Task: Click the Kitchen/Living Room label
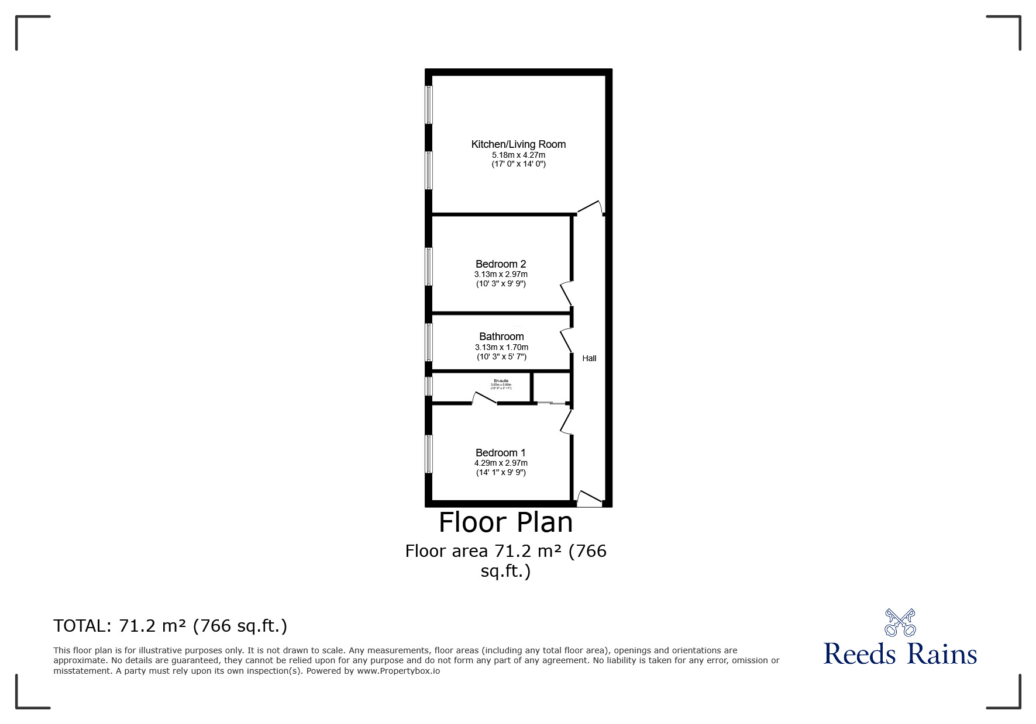pos(518,144)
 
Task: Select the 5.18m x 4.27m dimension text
pos(518,155)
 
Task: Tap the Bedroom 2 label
pos(501,264)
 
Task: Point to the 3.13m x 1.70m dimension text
pos(501,347)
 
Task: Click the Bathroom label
pos(501,337)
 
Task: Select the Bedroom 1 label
pos(501,453)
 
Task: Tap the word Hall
pos(589,358)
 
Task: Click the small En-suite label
pos(501,381)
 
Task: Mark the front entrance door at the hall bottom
pos(589,498)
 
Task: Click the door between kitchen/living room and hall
pos(590,208)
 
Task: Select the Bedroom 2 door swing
pos(566,294)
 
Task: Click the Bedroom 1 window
pos(429,454)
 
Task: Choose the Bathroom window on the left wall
pos(429,342)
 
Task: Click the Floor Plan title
pos(505,522)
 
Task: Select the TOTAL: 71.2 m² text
pos(170,626)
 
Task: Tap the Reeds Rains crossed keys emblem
pos(900,623)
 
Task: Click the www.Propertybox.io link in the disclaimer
pos(398,671)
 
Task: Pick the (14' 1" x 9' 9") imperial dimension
pos(501,472)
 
